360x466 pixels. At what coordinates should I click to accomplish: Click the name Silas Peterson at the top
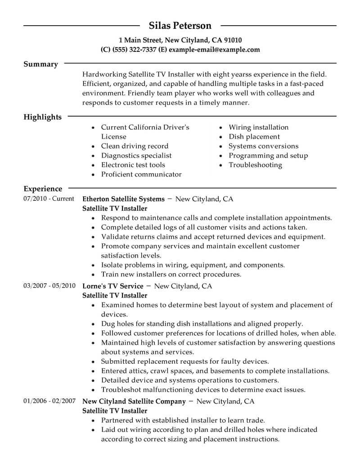click(180, 26)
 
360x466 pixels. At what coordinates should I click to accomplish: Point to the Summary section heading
click(40, 64)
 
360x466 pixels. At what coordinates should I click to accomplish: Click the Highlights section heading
click(42, 117)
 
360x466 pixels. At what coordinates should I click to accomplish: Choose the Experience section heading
click(43, 189)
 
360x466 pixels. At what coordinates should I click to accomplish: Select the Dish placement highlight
click(254, 136)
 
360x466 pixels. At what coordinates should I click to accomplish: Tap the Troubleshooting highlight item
click(255, 165)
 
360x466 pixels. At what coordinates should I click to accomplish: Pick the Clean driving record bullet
click(135, 146)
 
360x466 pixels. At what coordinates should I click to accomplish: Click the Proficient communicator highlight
click(141, 174)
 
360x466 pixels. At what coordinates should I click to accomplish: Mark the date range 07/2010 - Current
click(49, 199)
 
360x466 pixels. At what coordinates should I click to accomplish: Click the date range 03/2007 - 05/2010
click(49, 286)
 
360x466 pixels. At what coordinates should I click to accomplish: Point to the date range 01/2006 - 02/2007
click(49, 401)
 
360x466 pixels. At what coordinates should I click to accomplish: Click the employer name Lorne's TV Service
click(113, 286)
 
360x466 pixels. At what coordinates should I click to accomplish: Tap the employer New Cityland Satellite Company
click(134, 401)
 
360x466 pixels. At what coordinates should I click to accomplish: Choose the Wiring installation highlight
click(258, 127)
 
